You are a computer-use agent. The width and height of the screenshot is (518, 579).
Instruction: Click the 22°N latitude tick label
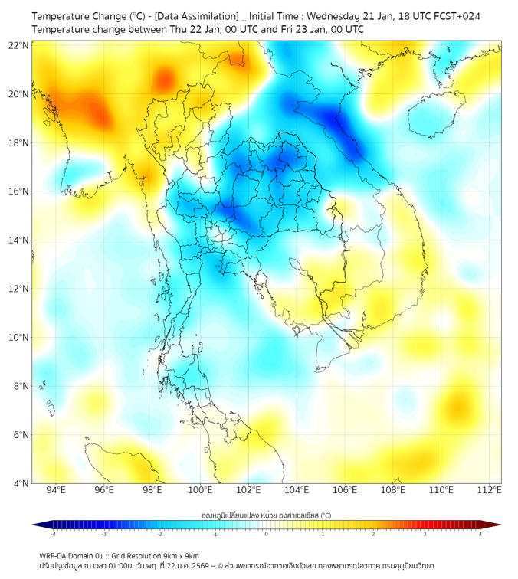point(19,45)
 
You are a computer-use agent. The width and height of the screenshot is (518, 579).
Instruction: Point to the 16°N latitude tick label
point(19,191)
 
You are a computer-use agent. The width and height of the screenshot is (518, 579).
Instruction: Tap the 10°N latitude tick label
point(19,338)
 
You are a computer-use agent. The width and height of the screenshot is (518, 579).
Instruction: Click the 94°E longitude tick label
point(56,490)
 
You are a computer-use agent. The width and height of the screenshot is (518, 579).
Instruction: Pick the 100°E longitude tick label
point(201,490)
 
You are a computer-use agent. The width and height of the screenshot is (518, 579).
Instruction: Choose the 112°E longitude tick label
point(490,490)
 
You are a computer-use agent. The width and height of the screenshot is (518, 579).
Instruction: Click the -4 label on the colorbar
point(52,534)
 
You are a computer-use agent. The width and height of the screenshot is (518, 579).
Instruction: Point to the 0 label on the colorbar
point(267,534)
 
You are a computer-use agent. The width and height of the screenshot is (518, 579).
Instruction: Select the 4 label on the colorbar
point(480,534)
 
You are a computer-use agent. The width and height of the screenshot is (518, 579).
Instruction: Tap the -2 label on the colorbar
point(159,534)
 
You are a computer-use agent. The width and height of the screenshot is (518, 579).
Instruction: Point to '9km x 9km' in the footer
point(179,555)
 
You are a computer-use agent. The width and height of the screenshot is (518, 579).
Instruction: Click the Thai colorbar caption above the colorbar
point(266,515)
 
